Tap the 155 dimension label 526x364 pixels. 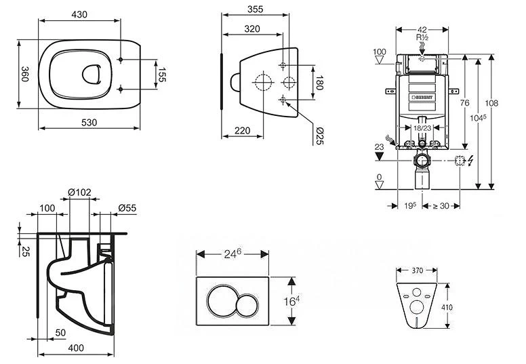[162, 74]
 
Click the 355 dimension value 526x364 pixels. [255, 9]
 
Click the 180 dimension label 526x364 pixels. [321, 83]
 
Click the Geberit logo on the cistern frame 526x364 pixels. [422, 98]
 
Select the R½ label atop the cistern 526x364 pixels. [422, 40]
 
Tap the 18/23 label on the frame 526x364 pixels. [422, 128]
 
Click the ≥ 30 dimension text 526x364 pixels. [441, 205]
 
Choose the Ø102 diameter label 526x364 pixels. [79, 192]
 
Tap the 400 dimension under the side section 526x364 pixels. [76, 348]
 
